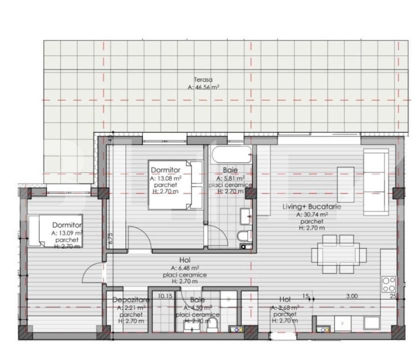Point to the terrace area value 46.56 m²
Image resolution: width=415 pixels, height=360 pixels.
(x=203, y=86)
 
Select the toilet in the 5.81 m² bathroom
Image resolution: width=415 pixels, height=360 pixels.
(x=243, y=236)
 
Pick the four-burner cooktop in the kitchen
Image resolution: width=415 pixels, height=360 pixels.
(x=389, y=284)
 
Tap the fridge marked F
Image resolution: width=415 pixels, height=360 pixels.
(x=342, y=323)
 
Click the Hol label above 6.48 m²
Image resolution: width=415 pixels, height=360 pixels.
(x=184, y=260)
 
